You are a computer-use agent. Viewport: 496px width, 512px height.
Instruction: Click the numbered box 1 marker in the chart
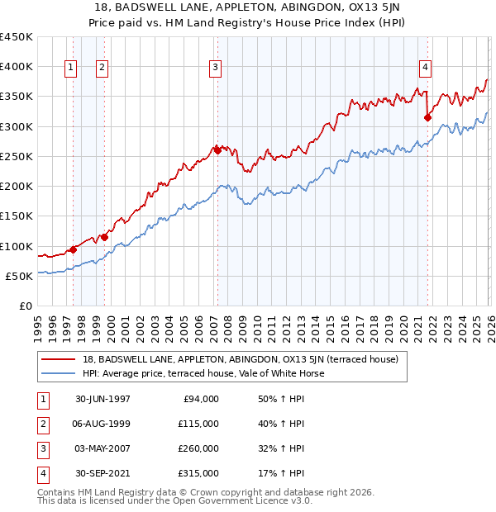tap(70, 68)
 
